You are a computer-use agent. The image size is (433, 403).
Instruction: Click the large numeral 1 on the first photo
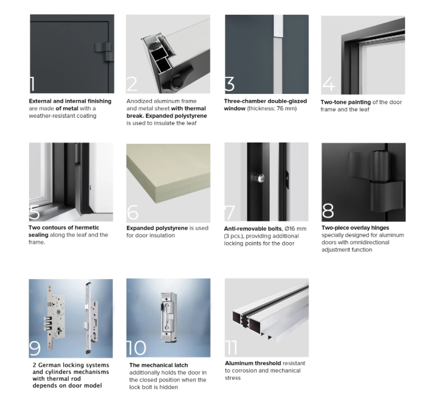tap(32, 84)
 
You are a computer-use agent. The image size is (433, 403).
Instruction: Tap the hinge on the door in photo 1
tap(104, 52)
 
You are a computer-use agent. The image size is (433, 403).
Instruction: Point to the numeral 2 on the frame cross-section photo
tap(132, 84)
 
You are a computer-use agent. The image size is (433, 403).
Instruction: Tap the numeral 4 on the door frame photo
tap(329, 84)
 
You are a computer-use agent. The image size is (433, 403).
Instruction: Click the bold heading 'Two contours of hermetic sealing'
tap(64, 231)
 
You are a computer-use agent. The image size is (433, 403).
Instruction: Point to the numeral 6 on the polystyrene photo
tap(133, 212)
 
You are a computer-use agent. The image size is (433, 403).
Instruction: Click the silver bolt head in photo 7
tap(259, 178)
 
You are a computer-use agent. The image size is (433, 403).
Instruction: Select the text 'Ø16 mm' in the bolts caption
tap(295, 228)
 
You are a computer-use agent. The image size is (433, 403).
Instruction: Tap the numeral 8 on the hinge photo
tap(328, 211)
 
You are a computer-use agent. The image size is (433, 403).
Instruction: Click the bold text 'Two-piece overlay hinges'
tap(355, 228)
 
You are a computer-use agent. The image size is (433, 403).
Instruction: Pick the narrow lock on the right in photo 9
tap(90, 318)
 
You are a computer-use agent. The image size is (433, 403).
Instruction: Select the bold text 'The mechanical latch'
tap(159, 365)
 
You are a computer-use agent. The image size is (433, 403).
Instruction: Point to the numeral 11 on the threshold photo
tap(231, 347)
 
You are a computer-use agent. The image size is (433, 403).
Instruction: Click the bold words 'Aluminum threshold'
tap(253, 363)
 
